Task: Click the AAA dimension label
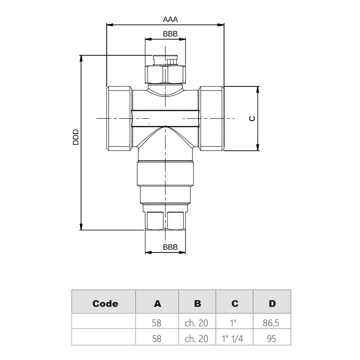pos(171,19)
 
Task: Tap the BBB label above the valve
pos(170,34)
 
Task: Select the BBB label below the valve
pos(170,247)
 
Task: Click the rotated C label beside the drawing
pos(252,118)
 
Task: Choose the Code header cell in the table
pos(105,303)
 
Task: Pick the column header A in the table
pos(157,303)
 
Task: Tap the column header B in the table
pos(197,303)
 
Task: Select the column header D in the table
pos(272,303)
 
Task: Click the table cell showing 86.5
pos(272,323)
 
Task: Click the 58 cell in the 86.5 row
pos(157,323)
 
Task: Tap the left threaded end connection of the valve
pos(119,118)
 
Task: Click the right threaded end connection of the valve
pos(212,118)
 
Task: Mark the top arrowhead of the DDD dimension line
pos(81,58)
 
